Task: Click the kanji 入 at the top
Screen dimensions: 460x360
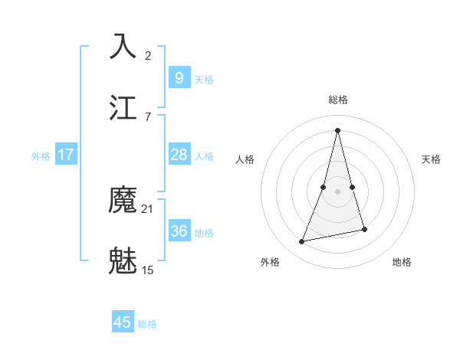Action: pos(123,47)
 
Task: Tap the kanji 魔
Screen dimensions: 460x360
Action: pos(123,201)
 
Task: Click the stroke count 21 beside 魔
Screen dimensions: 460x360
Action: pos(147,209)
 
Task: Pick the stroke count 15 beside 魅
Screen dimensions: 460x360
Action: pos(147,270)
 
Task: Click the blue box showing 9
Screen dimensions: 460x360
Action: pos(179,78)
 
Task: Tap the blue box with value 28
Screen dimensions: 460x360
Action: pos(179,155)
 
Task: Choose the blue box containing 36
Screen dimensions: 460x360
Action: pos(179,231)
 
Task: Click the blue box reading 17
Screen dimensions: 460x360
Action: pos(66,155)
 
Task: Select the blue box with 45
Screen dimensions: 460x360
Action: pos(123,322)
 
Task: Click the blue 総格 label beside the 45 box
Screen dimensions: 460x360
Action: pos(147,324)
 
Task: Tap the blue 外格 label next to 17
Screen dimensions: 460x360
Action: pos(41,156)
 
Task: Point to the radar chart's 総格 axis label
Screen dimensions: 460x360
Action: pos(338,100)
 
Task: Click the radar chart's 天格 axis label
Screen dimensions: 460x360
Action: pos(431,159)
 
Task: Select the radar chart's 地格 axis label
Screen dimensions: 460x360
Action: pos(402,262)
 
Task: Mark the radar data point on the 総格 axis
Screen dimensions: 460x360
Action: pos(338,129)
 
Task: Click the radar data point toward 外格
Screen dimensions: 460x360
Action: pos(302,242)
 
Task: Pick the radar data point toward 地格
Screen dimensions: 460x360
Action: pos(364,229)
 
